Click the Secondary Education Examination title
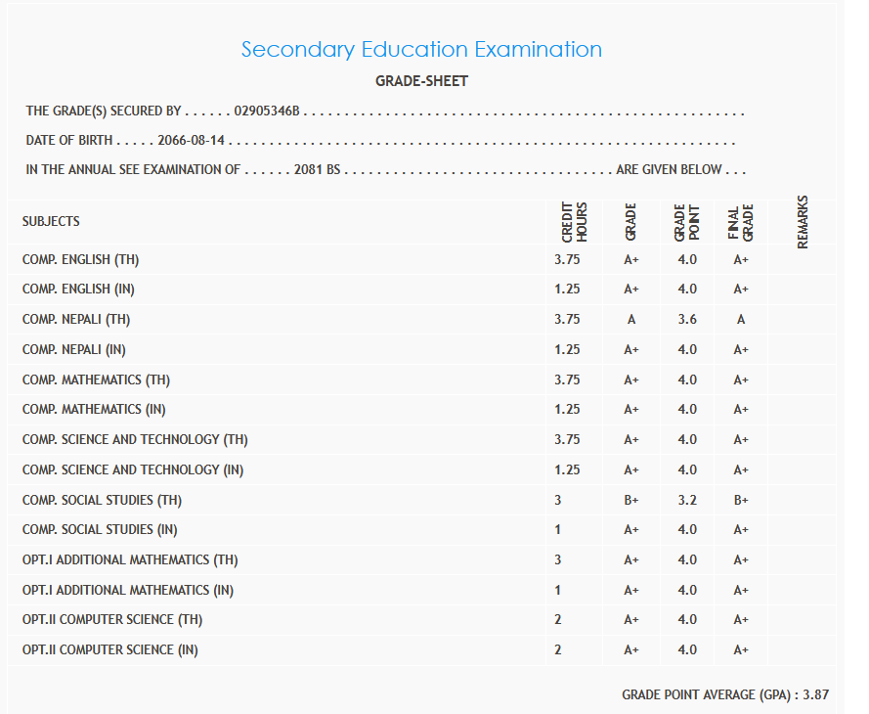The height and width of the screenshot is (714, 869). [x=421, y=49]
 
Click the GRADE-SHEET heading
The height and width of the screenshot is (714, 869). [x=421, y=81]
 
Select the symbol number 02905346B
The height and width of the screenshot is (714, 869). [x=267, y=112]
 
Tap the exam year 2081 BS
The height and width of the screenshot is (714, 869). [x=317, y=169]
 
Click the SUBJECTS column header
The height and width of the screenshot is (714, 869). [x=51, y=222]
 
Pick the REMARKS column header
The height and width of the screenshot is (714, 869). [x=804, y=222]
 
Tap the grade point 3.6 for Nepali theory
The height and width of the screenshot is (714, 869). [x=687, y=320]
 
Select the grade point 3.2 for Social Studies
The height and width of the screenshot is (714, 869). [x=687, y=500]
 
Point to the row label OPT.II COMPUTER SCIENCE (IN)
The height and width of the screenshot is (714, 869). [x=109, y=649]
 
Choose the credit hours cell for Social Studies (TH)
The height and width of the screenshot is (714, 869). [x=559, y=500]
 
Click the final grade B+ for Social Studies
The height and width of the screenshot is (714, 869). [x=741, y=500]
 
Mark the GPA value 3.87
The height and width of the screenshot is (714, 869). [x=815, y=694]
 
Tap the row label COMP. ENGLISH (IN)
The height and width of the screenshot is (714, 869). [x=78, y=290]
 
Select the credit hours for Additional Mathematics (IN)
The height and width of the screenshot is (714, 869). [x=559, y=590]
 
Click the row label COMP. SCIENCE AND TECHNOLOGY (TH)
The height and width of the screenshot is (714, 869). [x=135, y=439]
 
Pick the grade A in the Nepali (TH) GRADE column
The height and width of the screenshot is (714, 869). [x=630, y=320]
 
